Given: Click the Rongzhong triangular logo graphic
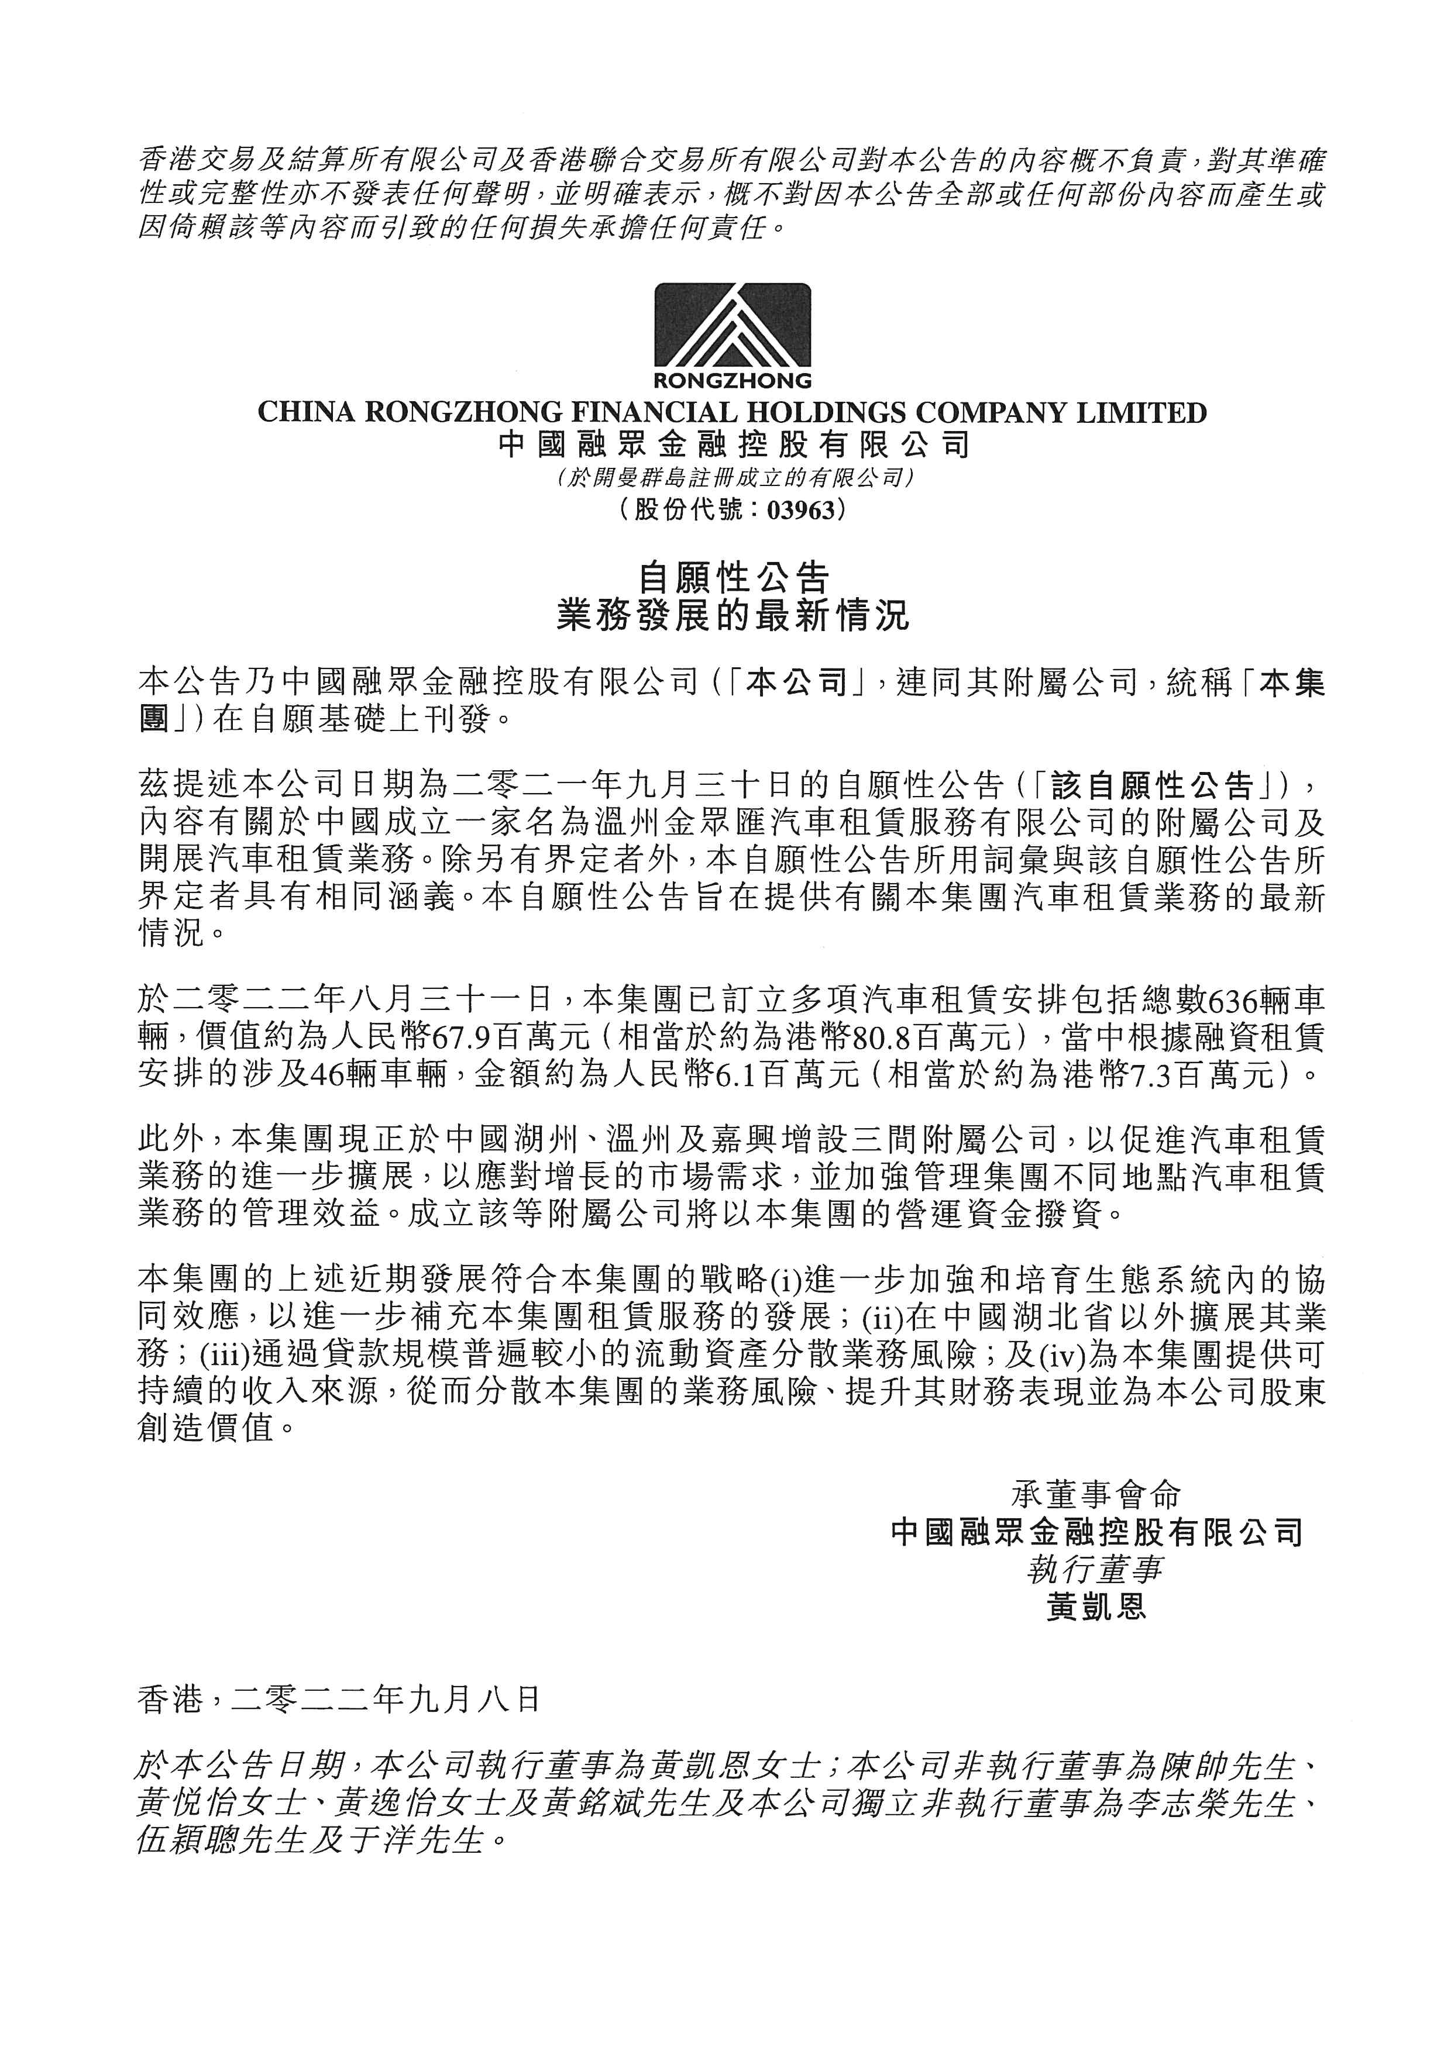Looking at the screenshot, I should (733, 326).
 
